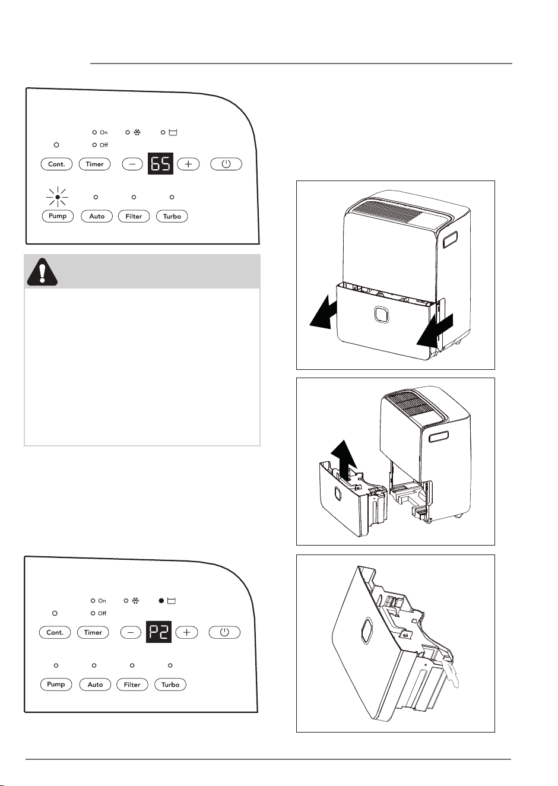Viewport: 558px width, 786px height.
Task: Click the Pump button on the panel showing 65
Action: [x=58, y=216]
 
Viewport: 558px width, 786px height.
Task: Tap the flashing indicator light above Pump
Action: [x=58, y=197]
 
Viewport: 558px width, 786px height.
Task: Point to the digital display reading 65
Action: [x=160, y=163]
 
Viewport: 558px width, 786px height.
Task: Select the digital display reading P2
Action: [x=158, y=632]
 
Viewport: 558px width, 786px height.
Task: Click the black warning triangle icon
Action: [x=42, y=272]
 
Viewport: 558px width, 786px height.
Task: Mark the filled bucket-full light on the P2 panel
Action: [x=161, y=601]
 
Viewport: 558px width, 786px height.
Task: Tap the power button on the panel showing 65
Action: [x=226, y=164]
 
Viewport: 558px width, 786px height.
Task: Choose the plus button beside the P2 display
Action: [x=187, y=632]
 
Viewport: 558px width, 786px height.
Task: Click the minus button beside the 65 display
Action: [x=132, y=164]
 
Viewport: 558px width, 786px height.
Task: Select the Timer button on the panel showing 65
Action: [x=95, y=164]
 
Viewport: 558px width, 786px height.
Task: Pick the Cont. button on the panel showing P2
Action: [x=55, y=632]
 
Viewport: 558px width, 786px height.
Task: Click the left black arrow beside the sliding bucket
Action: [x=324, y=312]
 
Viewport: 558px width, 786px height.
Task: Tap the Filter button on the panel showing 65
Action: [x=134, y=216]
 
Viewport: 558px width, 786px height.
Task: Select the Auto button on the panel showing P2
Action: [x=95, y=684]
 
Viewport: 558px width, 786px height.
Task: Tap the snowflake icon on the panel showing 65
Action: [x=137, y=132]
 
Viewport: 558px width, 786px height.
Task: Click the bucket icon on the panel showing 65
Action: [x=173, y=132]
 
